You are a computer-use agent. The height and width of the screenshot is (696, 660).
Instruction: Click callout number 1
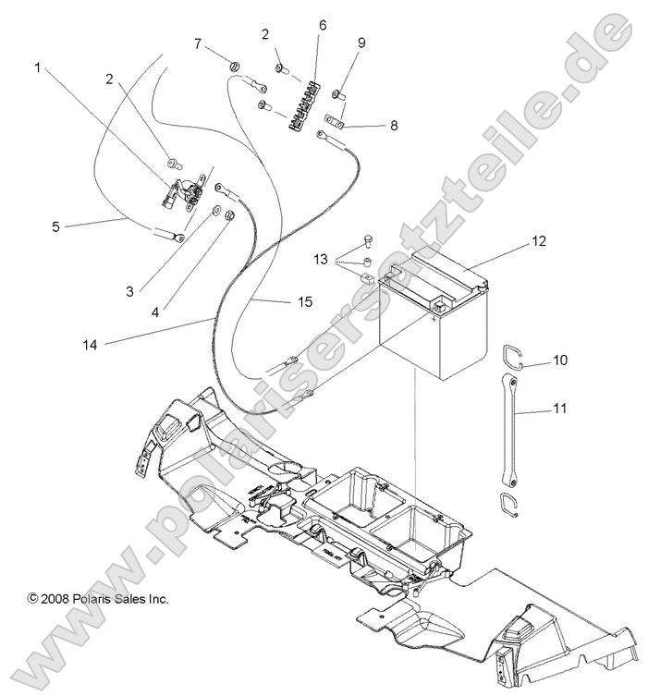38,67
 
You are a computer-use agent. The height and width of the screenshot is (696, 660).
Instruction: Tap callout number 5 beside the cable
55,225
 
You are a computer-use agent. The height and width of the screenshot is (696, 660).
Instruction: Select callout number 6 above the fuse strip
323,25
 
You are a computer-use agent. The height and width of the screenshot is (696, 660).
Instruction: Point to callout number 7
197,43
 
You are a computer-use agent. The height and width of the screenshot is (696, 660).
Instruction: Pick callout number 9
361,43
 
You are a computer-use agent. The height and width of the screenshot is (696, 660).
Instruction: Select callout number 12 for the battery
539,241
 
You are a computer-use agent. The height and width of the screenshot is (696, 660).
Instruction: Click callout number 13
320,261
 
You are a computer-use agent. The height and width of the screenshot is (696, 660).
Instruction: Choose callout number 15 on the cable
306,302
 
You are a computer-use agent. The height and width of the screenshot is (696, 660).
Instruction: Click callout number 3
130,291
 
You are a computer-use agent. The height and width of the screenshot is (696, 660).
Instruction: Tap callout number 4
154,312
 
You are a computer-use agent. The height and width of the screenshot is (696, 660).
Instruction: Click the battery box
430,333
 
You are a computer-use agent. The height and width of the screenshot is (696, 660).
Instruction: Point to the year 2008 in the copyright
54,599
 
